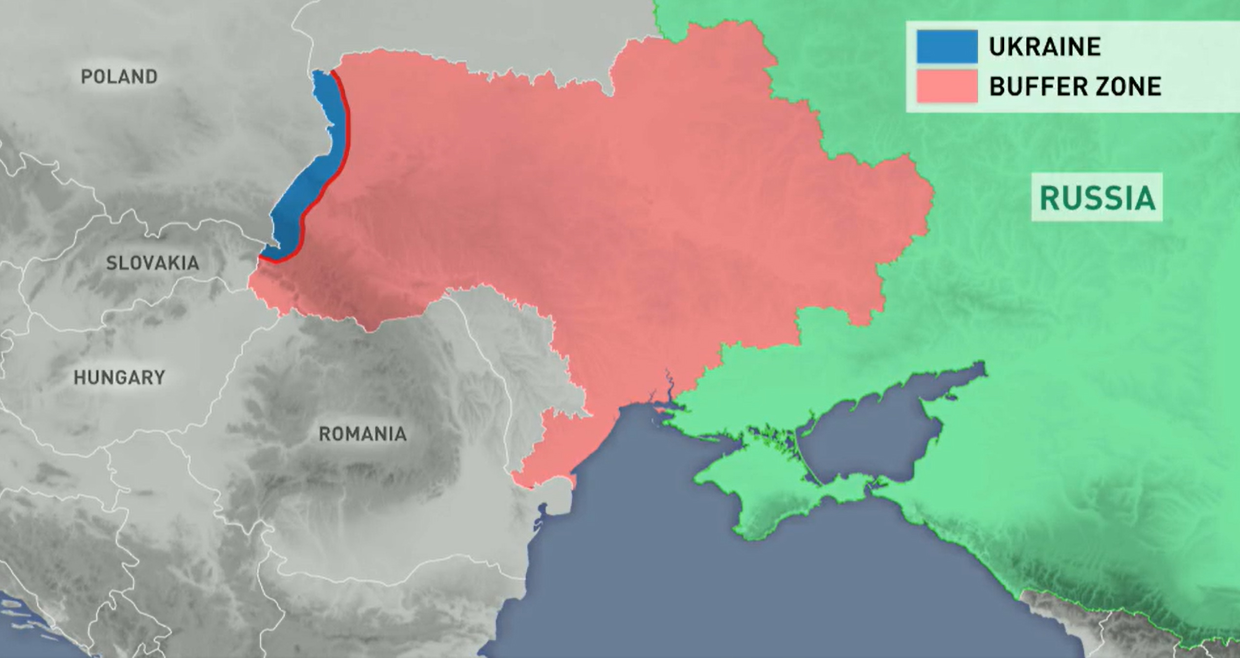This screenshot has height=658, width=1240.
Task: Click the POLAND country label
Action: click(119, 77)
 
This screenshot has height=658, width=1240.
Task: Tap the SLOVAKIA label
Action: click(153, 263)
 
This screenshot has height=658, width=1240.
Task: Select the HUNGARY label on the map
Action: click(119, 377)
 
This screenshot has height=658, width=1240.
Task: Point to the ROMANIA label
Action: click(362, 434)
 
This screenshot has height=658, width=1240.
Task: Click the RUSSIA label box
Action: click(1097, 197)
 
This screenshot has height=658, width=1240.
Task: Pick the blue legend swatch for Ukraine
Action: click(947, 46)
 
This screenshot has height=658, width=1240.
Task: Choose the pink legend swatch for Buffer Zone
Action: click(947, 86)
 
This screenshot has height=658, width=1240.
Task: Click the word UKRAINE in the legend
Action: click(1045, 47)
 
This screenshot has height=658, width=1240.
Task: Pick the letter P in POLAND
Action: click(86, 77)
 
